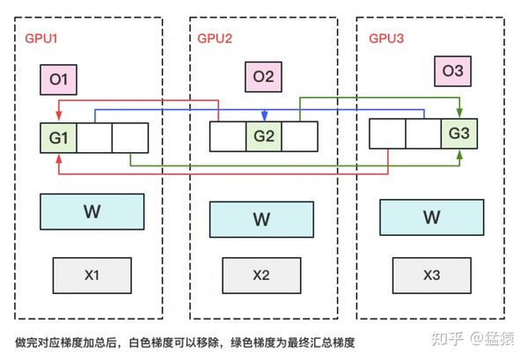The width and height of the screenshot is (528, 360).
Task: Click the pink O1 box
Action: point(59,81)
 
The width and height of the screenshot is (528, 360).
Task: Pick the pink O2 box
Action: point(263,77)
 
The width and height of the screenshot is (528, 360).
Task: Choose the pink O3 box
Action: point(452,70)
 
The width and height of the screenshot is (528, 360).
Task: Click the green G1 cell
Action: point(58,138)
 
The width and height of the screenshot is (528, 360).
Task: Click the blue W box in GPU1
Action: point(92,211)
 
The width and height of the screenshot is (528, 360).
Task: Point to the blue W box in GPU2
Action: point(261,219)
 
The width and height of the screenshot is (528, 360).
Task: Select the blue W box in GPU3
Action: point(431,217)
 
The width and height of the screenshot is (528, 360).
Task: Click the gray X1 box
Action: point(92,275)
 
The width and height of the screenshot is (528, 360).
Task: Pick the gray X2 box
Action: point(261,275)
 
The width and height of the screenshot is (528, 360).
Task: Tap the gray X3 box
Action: point(431,275)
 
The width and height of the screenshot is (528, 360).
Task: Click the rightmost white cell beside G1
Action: point(130,138)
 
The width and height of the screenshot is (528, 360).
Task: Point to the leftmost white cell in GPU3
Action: point(386,133)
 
